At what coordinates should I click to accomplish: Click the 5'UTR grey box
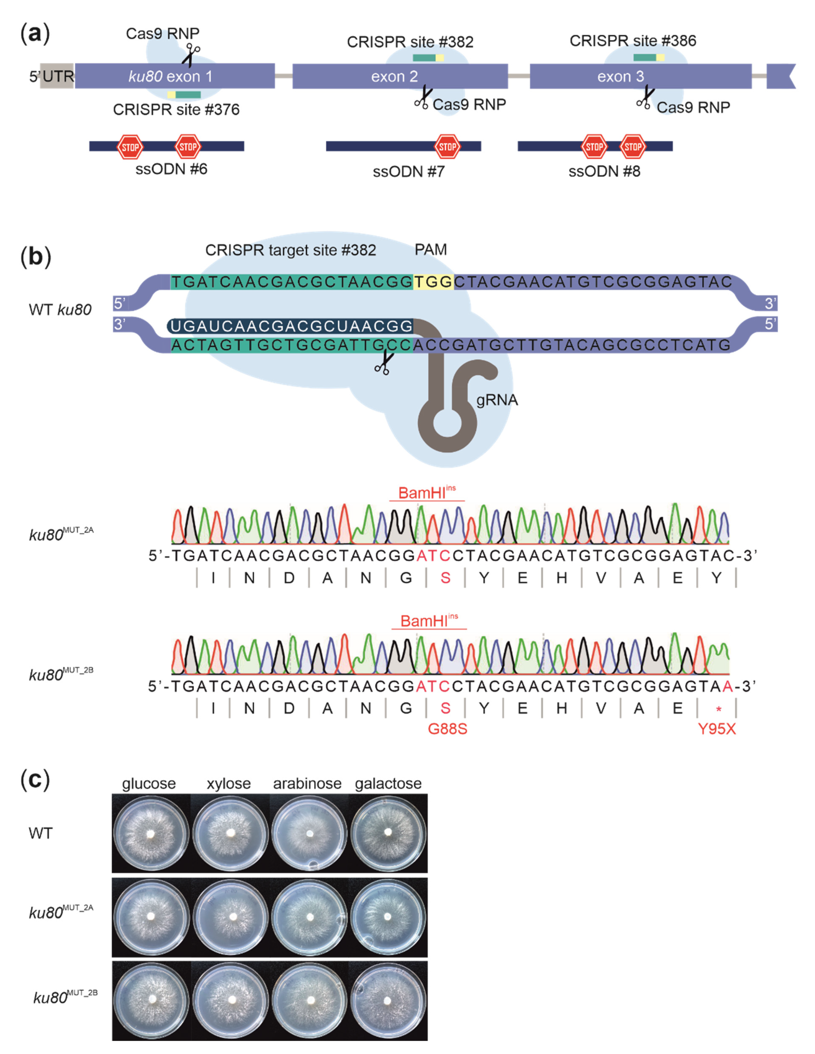(x=56, y=76)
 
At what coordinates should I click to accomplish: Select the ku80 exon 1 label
(x=170, y=76)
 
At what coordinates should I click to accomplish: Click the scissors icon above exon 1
(x=191, y=55)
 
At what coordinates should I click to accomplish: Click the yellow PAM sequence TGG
(x=433, y=282)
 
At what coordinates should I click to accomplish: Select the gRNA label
(x=497, y=400)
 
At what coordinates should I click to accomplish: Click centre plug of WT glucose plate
(x=151, y=833)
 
